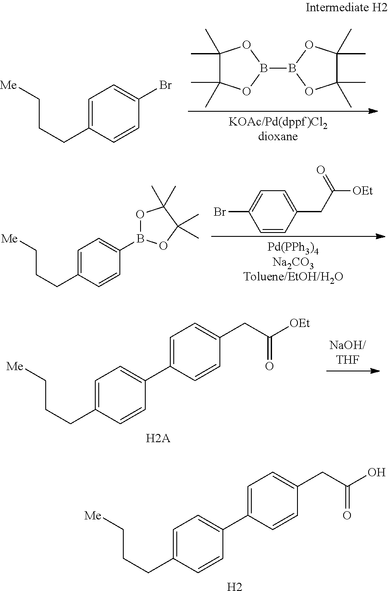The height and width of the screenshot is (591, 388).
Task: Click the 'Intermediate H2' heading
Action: click(x=346, y=8)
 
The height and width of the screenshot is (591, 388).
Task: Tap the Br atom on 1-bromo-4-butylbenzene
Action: click(x=165, y=85)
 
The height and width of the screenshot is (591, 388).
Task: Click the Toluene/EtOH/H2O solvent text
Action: click(x=293, y=276)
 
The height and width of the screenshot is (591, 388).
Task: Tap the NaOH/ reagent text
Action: click(x=347, y=345)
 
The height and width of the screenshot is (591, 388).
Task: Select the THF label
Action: click(x=347, y=359)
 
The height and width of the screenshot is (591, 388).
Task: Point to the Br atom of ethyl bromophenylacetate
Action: click(x=220, y=212)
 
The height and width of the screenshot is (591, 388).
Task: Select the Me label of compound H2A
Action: click(x=16, y=367)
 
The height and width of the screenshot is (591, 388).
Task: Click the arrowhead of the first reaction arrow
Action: click(x=374, y=111)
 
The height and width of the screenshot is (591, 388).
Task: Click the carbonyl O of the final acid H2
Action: click(x=347, y=516)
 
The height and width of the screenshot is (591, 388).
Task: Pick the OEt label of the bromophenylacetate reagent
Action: click(x=363, y=191)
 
